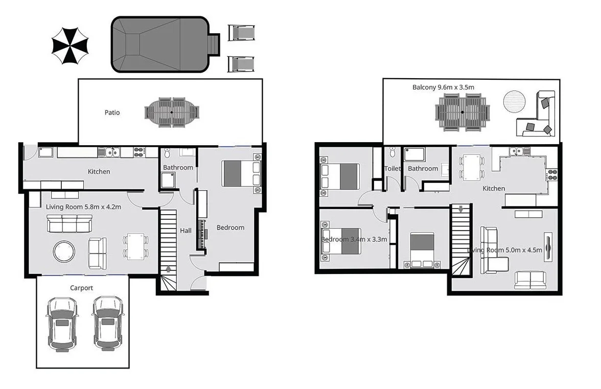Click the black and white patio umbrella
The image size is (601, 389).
(x=71, y=46)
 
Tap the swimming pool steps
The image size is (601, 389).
(x=215, y=45)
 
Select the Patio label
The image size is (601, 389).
(x=112, y=112)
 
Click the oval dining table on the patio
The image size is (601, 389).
(x=171, y=112)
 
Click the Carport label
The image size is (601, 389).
(x=82, y=288)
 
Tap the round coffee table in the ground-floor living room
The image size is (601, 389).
(x=64, y=251)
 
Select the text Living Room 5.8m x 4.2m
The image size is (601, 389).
(x=83, y=207)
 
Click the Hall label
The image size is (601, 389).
(x=186, y=231)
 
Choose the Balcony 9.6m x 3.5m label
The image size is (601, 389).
(x=443, y=87)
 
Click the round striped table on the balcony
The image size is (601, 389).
(x=515, y=102)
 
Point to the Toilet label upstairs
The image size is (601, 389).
(x=392, y=168)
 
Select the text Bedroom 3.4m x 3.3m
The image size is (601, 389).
(x=354, y=239)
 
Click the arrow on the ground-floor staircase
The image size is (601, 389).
(x=169, y=269)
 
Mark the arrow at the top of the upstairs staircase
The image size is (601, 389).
(x=461, y=209)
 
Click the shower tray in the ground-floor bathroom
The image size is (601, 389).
(x=168, y=180)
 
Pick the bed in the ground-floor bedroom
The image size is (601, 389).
(x=240, y=173)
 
